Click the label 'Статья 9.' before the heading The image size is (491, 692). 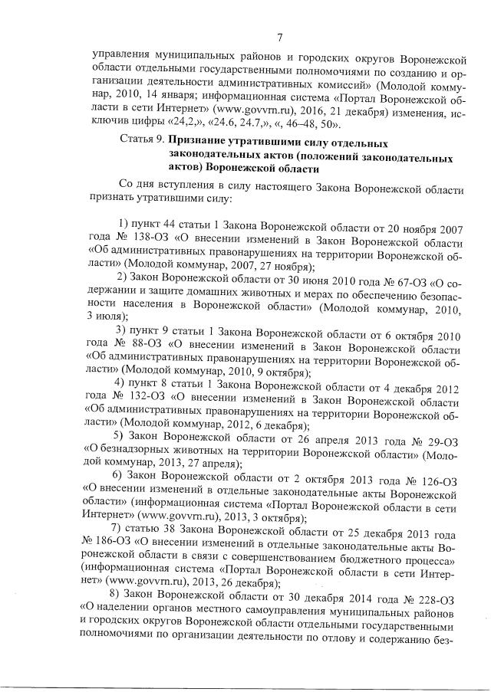click(x=143, y=143)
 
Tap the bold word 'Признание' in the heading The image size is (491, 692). click(x=199, y=143)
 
